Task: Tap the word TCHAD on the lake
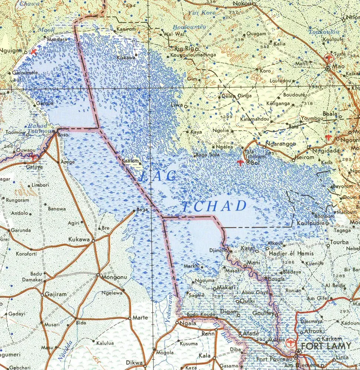pyautogui.click(x=215, y=206)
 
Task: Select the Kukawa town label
pyautogui.click(x=79, y=240)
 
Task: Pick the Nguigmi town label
pyautogui.click(x=11, y=51)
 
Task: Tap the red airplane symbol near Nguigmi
pyautogui.click(x=34, y=51)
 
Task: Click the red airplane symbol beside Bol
pyautogui.click(x=241, y=162)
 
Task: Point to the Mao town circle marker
pyautogui.click(x=328, y=69)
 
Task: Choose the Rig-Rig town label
pyautogui.click(x=184, y=48)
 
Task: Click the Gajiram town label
pyautogui.click(x=56, y=294)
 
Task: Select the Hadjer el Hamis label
pyautogui.click(x=291, y=253)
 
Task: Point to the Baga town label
pyautogui.click(x=142, y=210)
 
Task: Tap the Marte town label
pyautogui.click(x=141, y=318)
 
